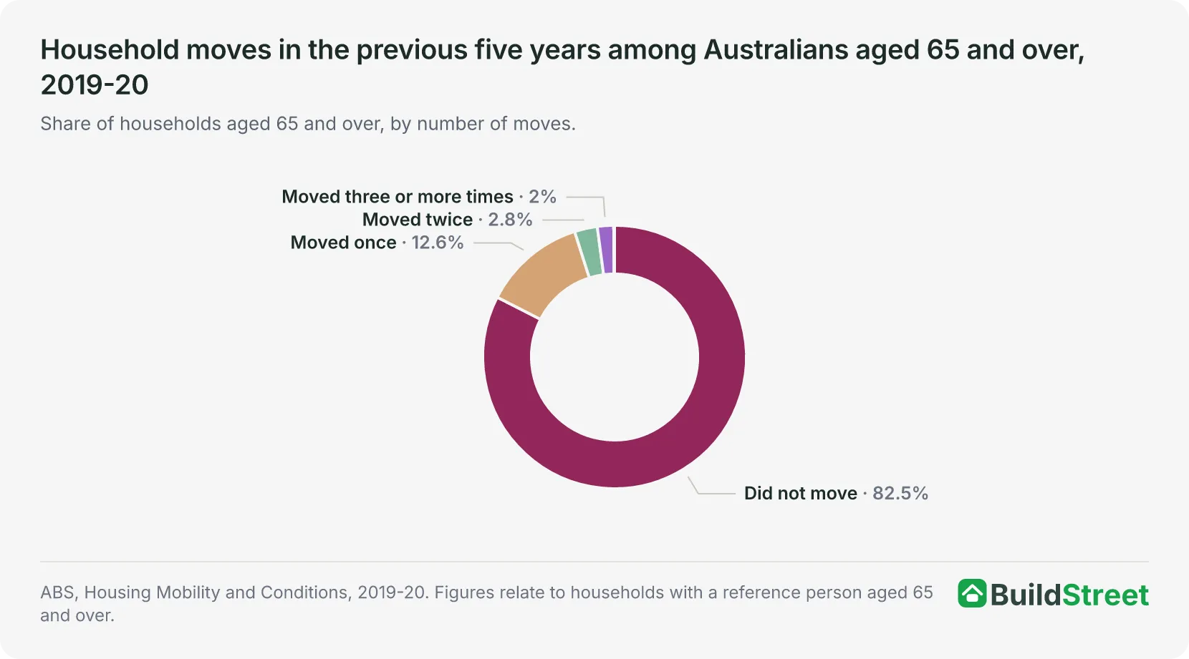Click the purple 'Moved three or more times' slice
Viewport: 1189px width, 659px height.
(x=606, y=250)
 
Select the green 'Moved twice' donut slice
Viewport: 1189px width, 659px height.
(x=589, y=253)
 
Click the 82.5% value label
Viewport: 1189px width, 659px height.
(x=900, y=493)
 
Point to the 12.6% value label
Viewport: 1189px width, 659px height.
(x=438, y=243)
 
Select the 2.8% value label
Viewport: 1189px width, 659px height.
(x=510, y=220)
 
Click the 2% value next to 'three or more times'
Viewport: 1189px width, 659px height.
(x=542, y=197)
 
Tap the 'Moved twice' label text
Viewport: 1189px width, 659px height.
(x=417, y=220)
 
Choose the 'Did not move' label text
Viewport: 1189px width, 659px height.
(x=801, y=493)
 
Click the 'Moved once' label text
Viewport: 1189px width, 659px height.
(x=343, y=243)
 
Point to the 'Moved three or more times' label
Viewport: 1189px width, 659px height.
(x=398, y=197)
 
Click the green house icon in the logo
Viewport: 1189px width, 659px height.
(x=972, y=593)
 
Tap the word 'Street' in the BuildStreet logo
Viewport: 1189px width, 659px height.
(x=1105, y=595)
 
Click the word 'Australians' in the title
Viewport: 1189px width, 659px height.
(x=776, y=49)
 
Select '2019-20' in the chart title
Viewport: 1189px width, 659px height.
(x=95, y=85)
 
